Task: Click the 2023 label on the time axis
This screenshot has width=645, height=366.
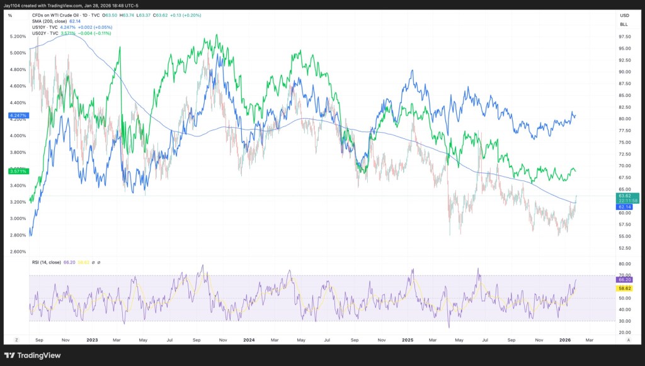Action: tap(92, 339)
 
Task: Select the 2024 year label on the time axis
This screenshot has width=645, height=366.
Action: tap(249, 339)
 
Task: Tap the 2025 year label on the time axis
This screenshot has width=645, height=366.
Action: tap(407, 339)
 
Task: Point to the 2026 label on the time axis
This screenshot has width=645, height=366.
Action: tap(564, 339)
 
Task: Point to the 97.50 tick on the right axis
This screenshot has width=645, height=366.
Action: tap(624, 36)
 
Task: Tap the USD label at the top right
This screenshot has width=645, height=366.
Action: tap(624, 15)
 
